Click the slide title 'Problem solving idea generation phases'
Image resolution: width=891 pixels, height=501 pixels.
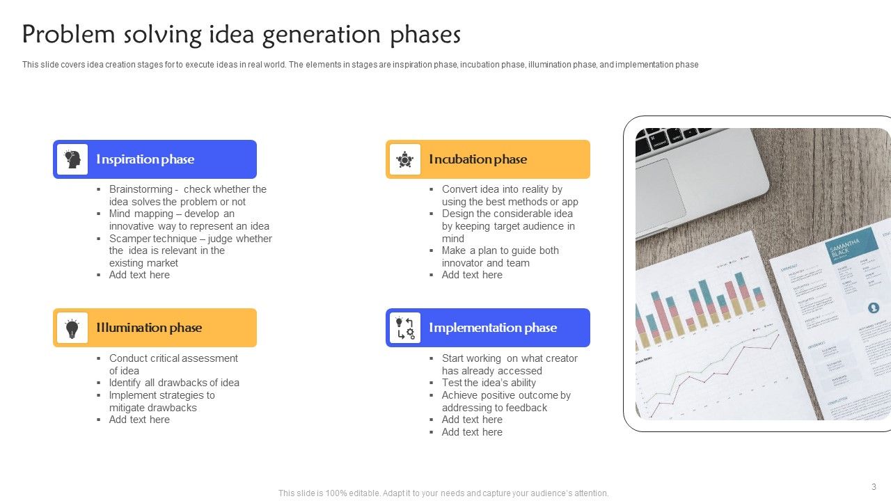(241, 35)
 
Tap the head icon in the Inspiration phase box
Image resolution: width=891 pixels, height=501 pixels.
(72, 159)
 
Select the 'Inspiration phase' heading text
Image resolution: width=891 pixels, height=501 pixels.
(145, 159)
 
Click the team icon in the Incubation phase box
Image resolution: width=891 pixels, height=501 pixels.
(405, 159)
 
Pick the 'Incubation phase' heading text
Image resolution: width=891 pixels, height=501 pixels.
(478, 159)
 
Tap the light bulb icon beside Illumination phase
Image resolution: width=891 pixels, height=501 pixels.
(72, 328)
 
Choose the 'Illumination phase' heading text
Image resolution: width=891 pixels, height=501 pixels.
(149, 328)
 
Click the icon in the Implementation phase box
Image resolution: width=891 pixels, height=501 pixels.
(405, 328)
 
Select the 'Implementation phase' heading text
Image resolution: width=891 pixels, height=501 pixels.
(493, 328)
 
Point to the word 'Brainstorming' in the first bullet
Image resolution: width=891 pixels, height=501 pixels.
(141, 189)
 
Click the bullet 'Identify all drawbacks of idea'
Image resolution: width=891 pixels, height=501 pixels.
(174, 383)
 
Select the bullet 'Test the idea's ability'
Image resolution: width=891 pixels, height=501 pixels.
(489, 383)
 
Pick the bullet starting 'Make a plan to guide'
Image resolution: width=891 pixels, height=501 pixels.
(500, 250)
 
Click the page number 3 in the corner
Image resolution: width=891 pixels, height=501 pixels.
(874, 486)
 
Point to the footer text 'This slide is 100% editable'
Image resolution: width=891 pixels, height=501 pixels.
(443, 493)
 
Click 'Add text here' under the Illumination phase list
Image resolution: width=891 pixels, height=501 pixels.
(139, 420)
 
